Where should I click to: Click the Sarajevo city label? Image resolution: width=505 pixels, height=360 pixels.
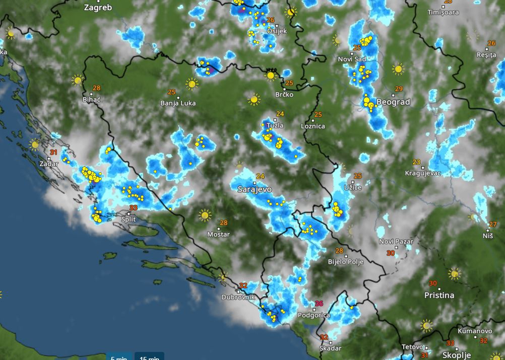pyautogui.click(x=255, y=189)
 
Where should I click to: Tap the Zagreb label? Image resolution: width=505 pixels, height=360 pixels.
pyautogui.click(x=98, y=8)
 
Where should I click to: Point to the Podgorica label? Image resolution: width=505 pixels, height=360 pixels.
pyautogui.click(x=313, y=315)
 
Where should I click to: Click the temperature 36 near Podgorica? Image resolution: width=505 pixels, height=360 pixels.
pyautogui.click(x=319, y=304)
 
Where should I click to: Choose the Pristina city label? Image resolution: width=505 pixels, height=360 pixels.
pyautogui.click(x=439, y=295)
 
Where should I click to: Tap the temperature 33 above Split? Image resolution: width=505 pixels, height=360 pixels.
pyautogui.click(x=134, y=208)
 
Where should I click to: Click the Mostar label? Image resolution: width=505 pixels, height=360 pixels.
pyautogui.click(x=219, y=234)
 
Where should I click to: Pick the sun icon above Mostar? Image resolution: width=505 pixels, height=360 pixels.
pyautogui.click(x=205, y=215)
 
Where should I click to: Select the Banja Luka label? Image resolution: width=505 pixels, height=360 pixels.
pyautogui.click(x=178, y=103)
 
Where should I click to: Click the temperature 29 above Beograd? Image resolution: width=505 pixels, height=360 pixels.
pyautogui.click(x=399, y=89)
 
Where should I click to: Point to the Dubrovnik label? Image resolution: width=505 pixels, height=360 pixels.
pyautogui.click(x=239, y=297)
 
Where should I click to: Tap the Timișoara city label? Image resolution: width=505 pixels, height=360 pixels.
pyautogui.click(x=443, y=12)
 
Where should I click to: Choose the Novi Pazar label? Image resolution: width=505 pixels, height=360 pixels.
pyautogui.click(x=396, y=242)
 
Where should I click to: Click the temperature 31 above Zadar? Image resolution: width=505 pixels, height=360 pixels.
pyautogui.click(x=53, y=152)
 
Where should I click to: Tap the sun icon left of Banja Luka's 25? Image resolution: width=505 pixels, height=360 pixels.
pyautogui.click(x=192, y=84)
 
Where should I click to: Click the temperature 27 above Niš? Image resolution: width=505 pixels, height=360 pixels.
pyautogui.click(x=493, y=225)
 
